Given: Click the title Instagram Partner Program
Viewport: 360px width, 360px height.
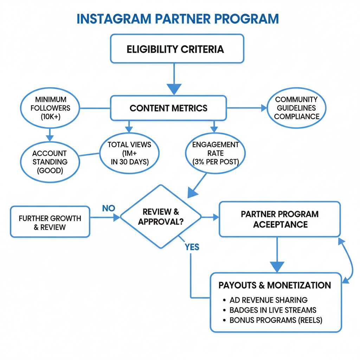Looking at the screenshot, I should coord(178,19).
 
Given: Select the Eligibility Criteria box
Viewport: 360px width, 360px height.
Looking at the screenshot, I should coord(177,49).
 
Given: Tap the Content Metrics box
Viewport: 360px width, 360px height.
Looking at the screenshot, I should coord(168,108).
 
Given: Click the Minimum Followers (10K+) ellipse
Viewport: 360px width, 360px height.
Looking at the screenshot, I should coord(50,108).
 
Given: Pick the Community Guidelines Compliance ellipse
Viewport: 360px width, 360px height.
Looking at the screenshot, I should coord(296,108).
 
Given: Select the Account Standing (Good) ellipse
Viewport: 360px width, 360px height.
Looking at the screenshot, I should coord(49,162).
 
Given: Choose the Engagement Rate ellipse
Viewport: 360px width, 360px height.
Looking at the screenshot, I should coord(215,153).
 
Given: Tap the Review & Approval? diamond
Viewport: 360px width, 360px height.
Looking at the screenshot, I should coord(161,217).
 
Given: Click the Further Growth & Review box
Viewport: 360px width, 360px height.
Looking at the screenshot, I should coord(50,222).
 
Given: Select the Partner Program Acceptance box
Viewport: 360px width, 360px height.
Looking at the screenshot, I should coord(280,219).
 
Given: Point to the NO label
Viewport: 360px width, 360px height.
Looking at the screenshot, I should coord(109,208).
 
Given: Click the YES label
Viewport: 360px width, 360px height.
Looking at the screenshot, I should coord(192,247).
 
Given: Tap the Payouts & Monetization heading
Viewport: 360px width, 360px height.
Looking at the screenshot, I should coord(275,285).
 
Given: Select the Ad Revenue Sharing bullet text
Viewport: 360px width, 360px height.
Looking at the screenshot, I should coord(268,300).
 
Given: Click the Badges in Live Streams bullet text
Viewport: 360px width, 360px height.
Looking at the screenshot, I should coord(273,310).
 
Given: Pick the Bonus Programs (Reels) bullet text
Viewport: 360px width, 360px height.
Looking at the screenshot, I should coord(276,320).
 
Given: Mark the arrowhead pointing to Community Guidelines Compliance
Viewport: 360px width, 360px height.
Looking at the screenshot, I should coord(264,108).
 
